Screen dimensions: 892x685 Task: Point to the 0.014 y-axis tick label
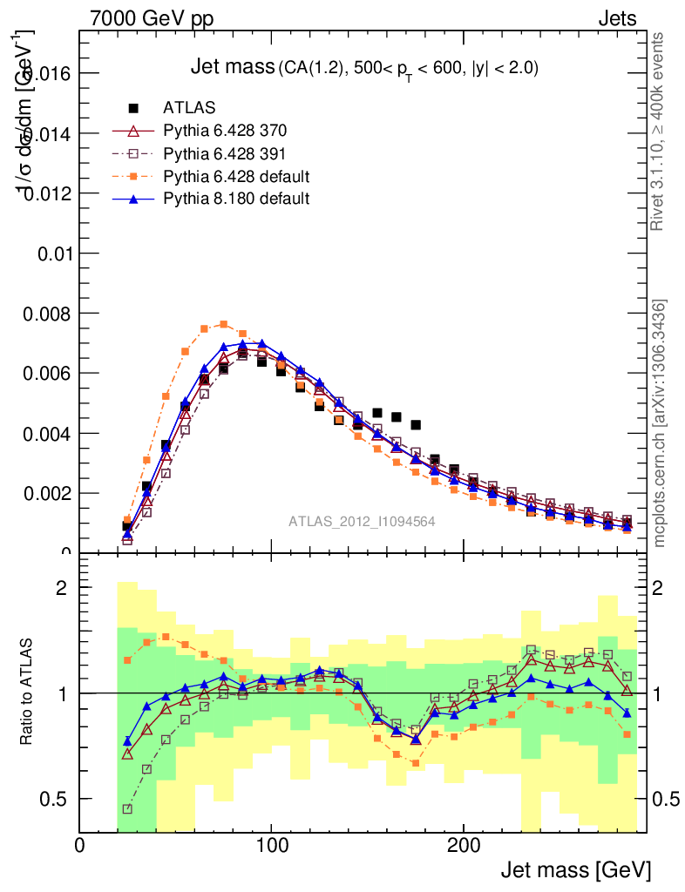pyautogui.click(x=49, y=133)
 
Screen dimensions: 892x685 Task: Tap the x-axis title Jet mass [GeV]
pyautogui.click(x=575, y=869)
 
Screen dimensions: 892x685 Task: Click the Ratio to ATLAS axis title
pyautogui.click(x=27, y=693)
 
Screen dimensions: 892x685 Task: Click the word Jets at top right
pyautogui.click(x=617, y=18)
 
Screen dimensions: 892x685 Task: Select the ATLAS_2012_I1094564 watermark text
pyautogui.click(x=362, y=521)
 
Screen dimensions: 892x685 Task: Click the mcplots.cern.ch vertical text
pyautogui.click(x=660, y=423)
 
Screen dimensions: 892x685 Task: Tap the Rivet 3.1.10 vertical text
pyautogui.click(x=660, y=131)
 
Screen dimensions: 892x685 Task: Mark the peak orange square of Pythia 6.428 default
pyautogui.click(x=224, y=324)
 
